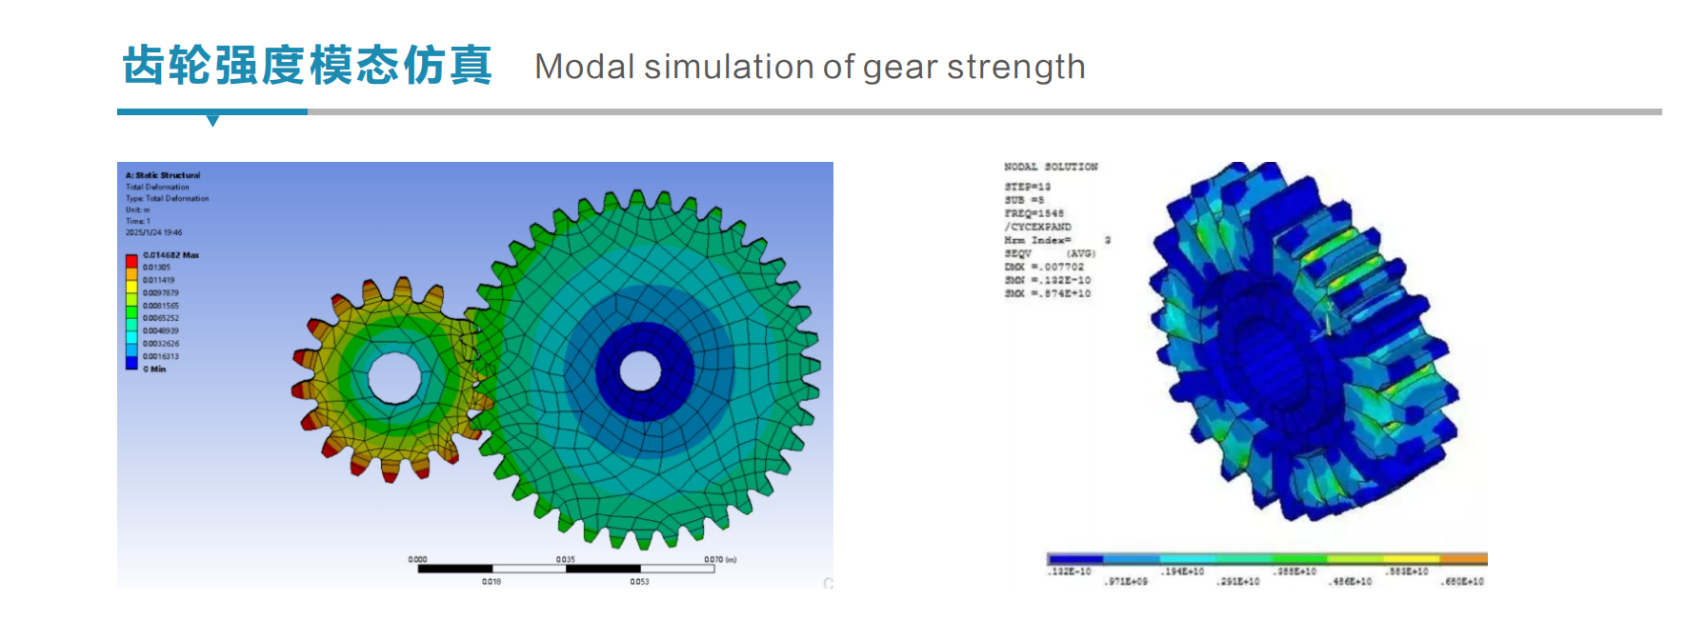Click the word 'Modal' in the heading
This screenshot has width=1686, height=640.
[584, 67]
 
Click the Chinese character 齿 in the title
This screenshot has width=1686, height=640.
[145, 65]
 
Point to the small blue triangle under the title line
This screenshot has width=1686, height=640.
[212, 120]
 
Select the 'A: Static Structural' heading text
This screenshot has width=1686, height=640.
[163, 175]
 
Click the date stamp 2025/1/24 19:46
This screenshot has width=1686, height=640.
[153, 232]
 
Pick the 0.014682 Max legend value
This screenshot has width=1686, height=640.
[171, 255]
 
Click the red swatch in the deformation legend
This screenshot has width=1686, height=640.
[131, 260]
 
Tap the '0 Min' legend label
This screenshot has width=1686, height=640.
[154, 369]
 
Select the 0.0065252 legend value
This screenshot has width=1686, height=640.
[161, 318]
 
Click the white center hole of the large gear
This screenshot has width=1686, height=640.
[640, 370]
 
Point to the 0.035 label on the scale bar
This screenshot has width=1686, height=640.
[566, 559]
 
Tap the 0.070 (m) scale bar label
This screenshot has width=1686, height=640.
[719, 559]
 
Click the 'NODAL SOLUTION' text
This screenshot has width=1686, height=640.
[1050, 167]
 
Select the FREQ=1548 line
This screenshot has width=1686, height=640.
[1034, 213]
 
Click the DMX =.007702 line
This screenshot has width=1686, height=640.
[1044, 267]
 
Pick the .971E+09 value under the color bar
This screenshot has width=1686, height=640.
[1126, 581]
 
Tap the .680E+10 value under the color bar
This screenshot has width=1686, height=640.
[1462, 581]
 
